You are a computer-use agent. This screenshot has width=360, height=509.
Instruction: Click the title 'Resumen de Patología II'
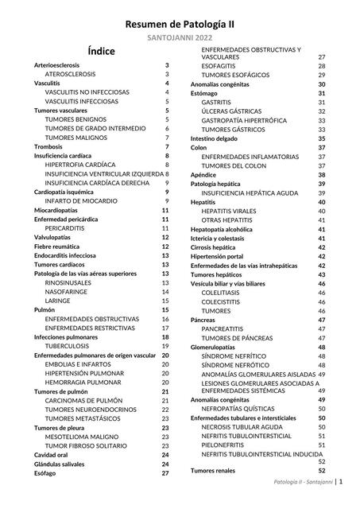tap(180, 25)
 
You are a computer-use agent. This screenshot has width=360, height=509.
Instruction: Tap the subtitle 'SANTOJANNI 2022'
tap(180, 38)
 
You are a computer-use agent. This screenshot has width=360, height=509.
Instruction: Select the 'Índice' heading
tap(102, 52)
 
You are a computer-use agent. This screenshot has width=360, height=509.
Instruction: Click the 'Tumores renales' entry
tap(214, 471)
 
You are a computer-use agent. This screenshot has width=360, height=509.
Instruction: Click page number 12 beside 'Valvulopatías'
tap(165, 237)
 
